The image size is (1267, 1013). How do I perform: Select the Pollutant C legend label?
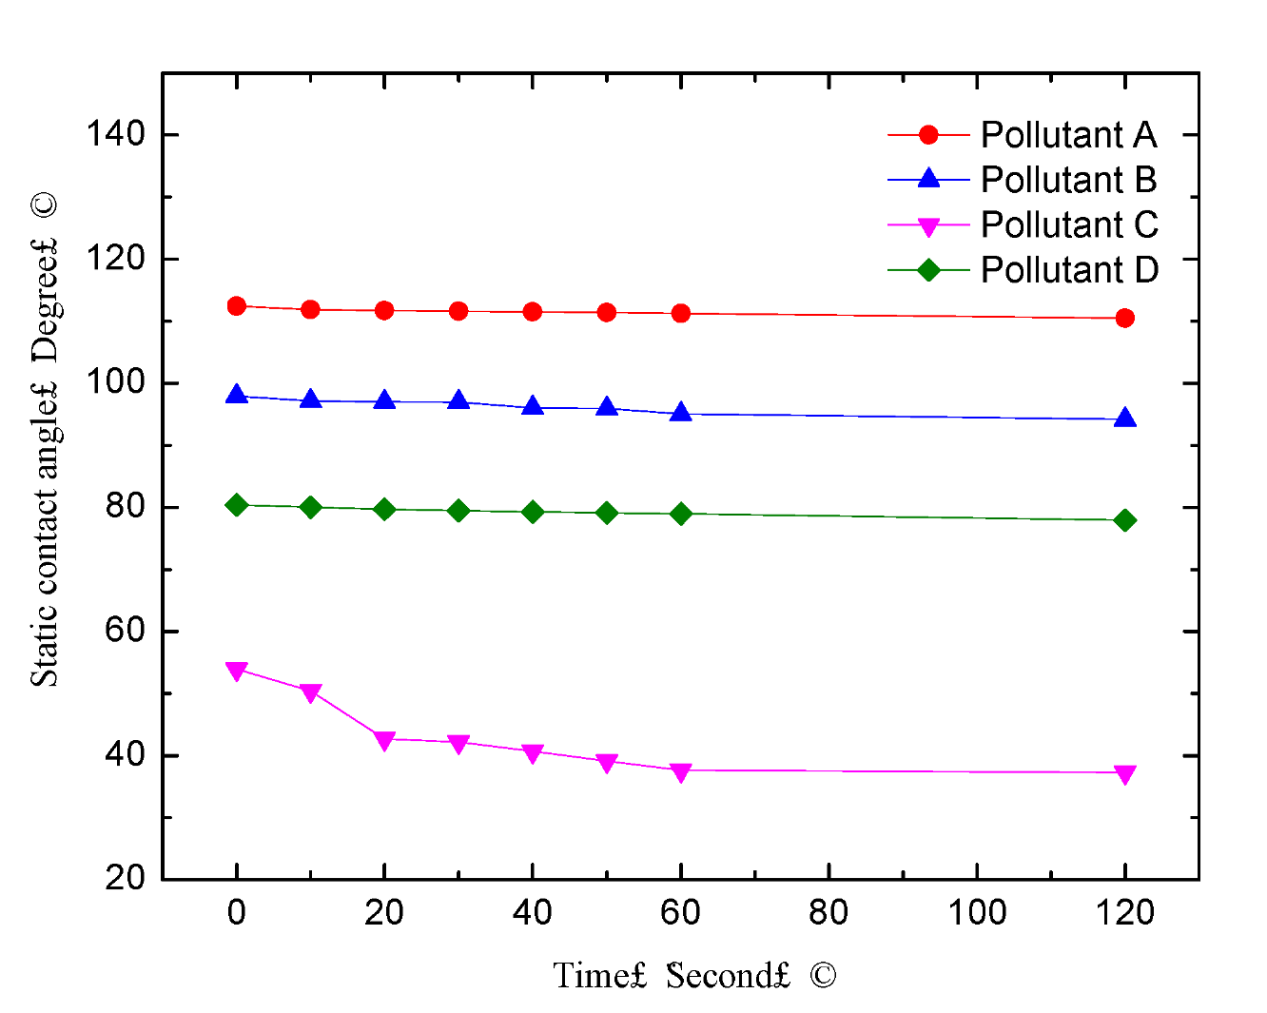coord(1069,225)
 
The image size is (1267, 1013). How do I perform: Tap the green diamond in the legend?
coord(928,270)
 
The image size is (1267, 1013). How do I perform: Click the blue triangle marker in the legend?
coord(928,179)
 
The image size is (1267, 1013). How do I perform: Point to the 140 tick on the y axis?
coord(116,134)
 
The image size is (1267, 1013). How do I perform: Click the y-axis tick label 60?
coord(125,631)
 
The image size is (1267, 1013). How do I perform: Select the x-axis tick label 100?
coord(977,913)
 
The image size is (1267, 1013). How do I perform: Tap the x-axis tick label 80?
coord(828,913)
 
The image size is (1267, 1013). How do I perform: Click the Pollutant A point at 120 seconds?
coord(1125,318)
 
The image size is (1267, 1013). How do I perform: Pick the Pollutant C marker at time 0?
coord(237,671)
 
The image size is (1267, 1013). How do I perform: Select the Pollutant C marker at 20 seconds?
coord(384,740)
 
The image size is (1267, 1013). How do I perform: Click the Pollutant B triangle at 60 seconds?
coord(681,413)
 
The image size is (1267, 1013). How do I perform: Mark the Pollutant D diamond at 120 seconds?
coord(1125,520)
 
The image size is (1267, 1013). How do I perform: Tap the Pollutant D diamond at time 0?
coord(237,505)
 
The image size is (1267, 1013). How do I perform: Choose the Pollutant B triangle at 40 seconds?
coord(533,407)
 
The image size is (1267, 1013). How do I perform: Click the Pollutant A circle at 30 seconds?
coord(458,311)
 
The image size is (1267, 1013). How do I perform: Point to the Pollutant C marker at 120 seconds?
coord(1125,774)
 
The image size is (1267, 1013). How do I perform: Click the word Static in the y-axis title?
coord(45,655)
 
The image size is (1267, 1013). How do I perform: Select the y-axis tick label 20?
coord(125,878)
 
